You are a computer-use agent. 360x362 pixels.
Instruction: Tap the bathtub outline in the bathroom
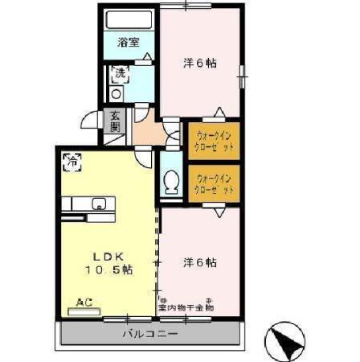click(x=129, y=22)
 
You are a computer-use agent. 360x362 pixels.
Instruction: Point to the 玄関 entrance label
click(x=116, y=121)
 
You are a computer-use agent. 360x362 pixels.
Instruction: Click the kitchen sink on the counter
click(x=99, y=203)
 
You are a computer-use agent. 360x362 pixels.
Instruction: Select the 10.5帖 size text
click(x=107, y=270)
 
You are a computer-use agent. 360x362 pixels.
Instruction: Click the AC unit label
click(x=83, y=303)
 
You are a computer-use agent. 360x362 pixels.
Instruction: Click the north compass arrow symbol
click(x=284, y=339)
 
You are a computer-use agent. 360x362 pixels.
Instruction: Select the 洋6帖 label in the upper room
click(x=199, y=63)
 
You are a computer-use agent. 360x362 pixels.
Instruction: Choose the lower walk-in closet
click(x=214, y=183)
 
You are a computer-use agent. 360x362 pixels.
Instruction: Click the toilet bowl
click(x=170, y=185)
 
